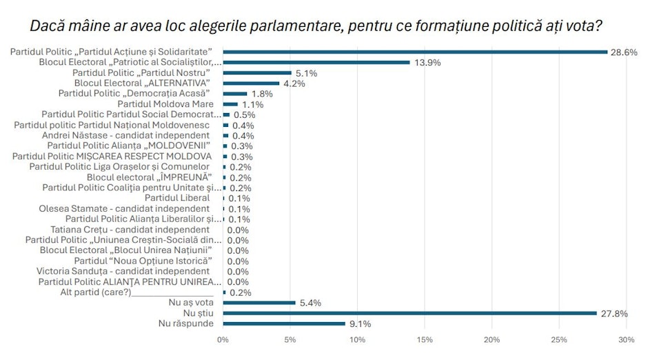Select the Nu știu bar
coord(409,313)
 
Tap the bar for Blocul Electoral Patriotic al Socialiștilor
coord(316,62)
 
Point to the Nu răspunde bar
coord(284,323)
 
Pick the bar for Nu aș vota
coord(259,303)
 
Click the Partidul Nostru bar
coord(257,72)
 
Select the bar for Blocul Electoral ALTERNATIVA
coord(251,83)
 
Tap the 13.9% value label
coord(427,62)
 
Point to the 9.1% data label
coord(359,323)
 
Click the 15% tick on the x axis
coord(425,339)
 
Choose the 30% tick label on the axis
coord(627,339)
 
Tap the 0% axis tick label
coord(223,339)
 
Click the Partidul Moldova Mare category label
coord(163,103)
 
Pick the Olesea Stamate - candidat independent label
coord(124,208)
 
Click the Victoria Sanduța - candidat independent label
coord(123,271)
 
